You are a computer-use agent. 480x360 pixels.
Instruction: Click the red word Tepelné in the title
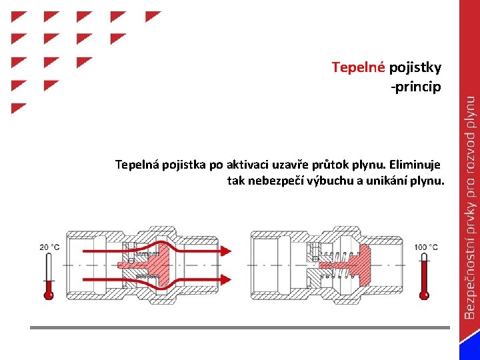coord(359,67)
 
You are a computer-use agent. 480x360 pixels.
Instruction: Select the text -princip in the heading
coord(416,87)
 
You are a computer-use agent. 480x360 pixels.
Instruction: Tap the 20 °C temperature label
coord(49,247)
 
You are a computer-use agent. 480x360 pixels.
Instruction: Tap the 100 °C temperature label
coord(426,247)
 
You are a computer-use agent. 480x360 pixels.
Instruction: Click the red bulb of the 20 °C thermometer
coord(48,293)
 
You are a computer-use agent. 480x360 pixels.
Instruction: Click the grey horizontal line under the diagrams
coord(240,327)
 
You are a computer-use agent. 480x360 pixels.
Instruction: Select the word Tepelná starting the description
coord(135,164)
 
